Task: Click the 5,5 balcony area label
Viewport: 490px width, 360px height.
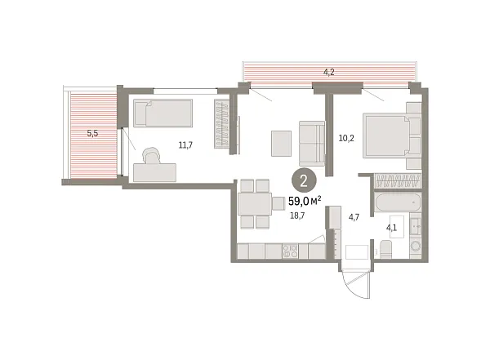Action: coord(92,133)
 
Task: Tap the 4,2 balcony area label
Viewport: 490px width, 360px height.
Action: coord(329,72)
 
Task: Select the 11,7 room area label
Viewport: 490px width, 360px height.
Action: coord(185,145)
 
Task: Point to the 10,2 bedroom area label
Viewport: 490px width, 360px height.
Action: coord(346,138)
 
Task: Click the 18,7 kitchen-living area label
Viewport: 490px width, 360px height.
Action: coord(297,216)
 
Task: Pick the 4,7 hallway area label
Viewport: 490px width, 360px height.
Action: coord(354,217)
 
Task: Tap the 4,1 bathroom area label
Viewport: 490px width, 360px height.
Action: coord(391,228)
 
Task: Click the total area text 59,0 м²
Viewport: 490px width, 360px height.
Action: coord(305,202)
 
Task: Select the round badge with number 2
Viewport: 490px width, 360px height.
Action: coord(304,181)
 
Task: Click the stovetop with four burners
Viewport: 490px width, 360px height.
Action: coord(290,251)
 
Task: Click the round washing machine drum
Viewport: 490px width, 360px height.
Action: coord(416,246)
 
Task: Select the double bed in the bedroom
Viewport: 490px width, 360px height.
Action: coord(391,136)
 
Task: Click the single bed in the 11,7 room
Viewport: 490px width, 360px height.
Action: coord(163,113)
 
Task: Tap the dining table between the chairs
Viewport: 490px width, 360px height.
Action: coord(255,204)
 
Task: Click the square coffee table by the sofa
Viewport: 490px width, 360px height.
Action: coord(281,144)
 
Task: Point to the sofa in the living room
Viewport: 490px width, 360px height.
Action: coord(312,144)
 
